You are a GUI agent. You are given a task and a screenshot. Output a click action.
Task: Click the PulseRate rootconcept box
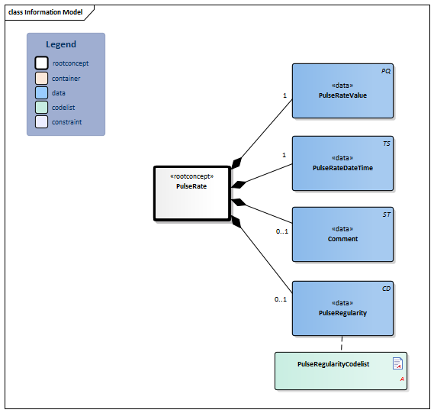click(191, 193)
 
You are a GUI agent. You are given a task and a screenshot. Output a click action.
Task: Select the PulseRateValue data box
click(342, 91)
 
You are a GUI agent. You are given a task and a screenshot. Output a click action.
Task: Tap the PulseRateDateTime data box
click(342, 163)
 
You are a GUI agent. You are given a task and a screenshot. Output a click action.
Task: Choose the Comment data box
click(342, 234)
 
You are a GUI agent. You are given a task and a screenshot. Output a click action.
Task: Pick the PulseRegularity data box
click(342, 308)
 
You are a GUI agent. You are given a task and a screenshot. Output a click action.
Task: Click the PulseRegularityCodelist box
click(340, 371)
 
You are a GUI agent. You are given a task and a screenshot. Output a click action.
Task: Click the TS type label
click(387, 144)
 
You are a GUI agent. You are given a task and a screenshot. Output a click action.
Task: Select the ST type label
click(387, 215)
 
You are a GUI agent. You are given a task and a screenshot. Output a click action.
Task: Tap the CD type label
click(386, 289)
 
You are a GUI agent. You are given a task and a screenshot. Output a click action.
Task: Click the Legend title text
click(61, 45)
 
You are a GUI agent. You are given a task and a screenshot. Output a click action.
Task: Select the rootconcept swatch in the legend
click(41, 63)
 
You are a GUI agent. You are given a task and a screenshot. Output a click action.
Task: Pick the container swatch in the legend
click(41, 78)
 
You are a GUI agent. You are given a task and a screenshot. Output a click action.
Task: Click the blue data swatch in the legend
click(41, 92)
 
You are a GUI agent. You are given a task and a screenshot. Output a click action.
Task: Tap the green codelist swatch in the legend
click(41, 107)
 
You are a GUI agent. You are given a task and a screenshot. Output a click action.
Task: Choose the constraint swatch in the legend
click(41, 121)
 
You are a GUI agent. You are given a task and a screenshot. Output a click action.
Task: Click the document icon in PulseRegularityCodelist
click(397, 363)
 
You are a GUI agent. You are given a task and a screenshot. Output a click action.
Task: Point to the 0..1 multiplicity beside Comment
click(281, 231)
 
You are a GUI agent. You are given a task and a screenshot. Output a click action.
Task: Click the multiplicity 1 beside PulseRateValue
click(285, 96)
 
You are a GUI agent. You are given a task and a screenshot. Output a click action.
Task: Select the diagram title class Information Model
click(44, 12)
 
